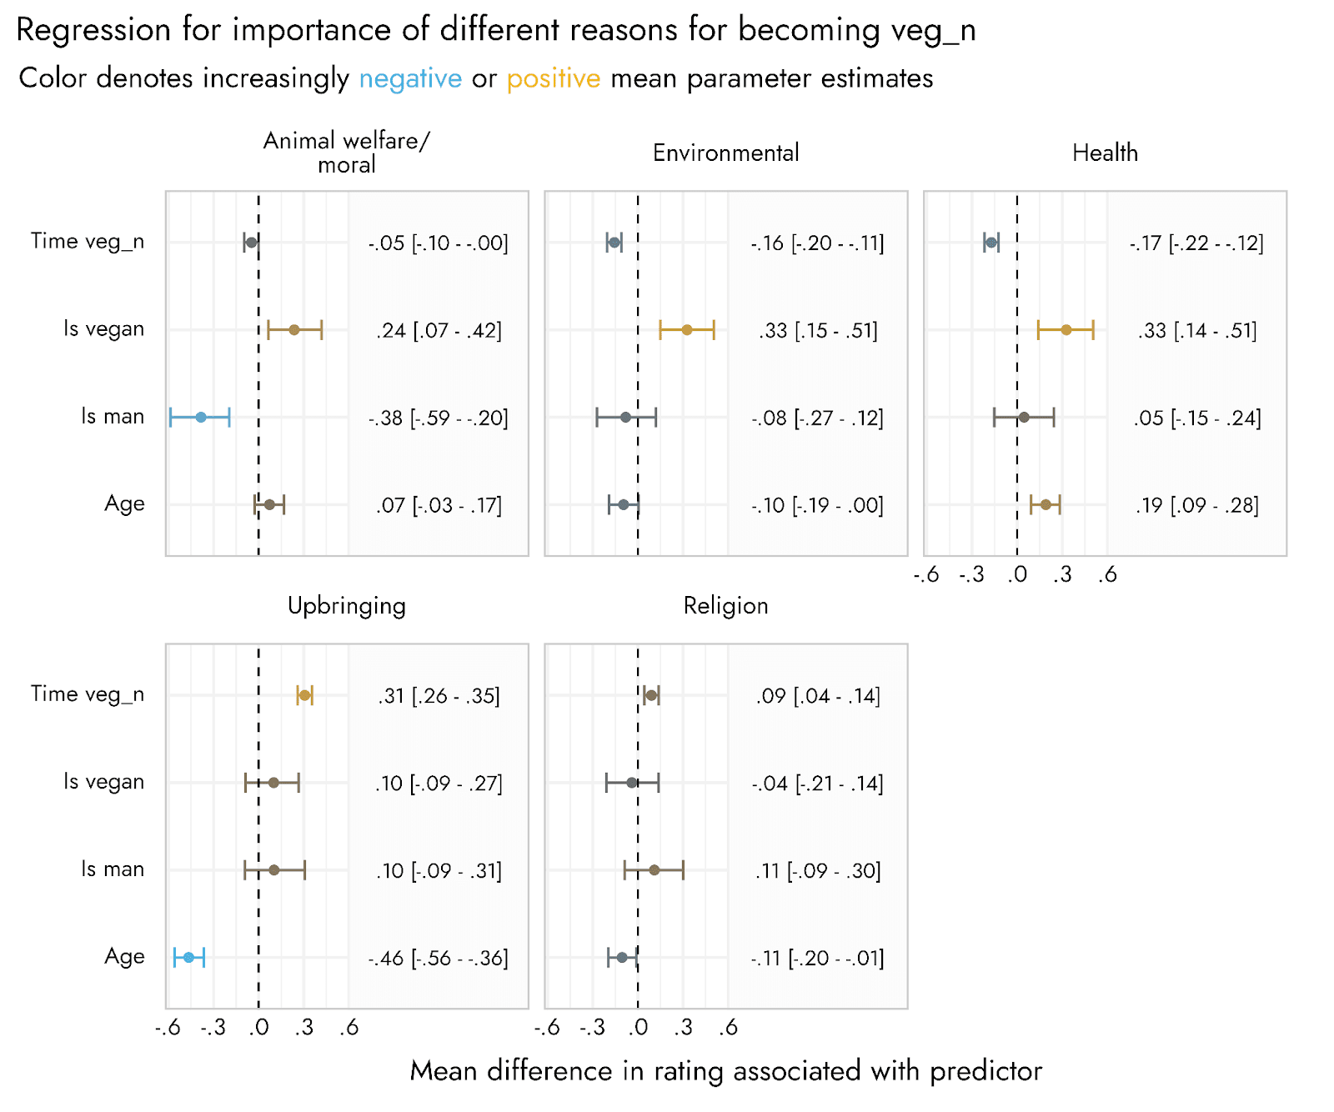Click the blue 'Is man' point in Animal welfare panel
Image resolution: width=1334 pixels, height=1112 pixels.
coord(201,417)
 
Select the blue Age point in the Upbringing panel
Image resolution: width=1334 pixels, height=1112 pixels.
coord(188,957)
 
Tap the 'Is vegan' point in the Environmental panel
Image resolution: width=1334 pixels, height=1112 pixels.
coord(687,330)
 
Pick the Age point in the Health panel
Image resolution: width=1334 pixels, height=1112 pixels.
coord(1046,504)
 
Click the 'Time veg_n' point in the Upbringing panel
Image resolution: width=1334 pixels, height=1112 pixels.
coord(305,695)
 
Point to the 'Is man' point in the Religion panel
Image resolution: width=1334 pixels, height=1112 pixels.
coord(654,870)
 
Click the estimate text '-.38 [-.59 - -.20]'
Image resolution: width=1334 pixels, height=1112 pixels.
coord(439,418)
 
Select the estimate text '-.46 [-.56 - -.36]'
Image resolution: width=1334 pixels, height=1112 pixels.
coord(439,958)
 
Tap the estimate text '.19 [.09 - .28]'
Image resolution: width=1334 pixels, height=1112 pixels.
coord(1197,505)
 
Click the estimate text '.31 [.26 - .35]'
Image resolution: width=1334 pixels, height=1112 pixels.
coord(439,696)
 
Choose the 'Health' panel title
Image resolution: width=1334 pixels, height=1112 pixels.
coord(1105,153)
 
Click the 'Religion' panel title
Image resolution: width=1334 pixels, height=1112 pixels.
coord(725,605)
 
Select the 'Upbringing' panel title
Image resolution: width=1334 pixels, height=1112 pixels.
coord(347,605)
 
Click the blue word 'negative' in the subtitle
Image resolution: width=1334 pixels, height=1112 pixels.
coord(410,78)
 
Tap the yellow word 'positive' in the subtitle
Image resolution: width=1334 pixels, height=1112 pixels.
coord(554,78)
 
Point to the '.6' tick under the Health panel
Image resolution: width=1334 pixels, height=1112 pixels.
coord(1107,574)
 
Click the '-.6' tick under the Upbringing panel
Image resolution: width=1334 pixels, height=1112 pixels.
coord(168,1027)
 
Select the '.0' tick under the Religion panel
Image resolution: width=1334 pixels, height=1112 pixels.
coord(638,1027)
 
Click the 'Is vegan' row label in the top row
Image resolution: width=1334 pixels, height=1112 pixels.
coord(103,329)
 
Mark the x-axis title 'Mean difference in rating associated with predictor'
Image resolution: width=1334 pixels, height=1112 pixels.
coord(725,1071)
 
